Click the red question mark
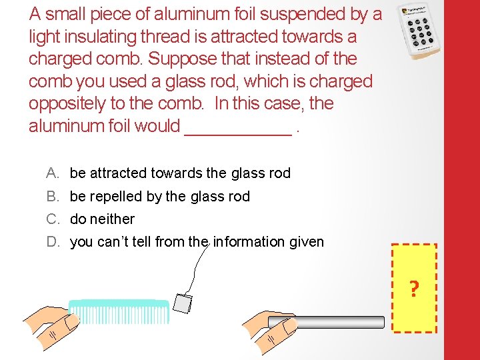(414, 289)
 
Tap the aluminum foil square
(182, 303)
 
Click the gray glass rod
(327, 323)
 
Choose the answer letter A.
(52, 173)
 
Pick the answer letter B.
(52, 197)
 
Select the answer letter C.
(53, 219)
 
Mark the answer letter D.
(53, 242)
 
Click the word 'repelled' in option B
(114, 197)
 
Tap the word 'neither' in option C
(112, 219)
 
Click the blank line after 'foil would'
(237, 127)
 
